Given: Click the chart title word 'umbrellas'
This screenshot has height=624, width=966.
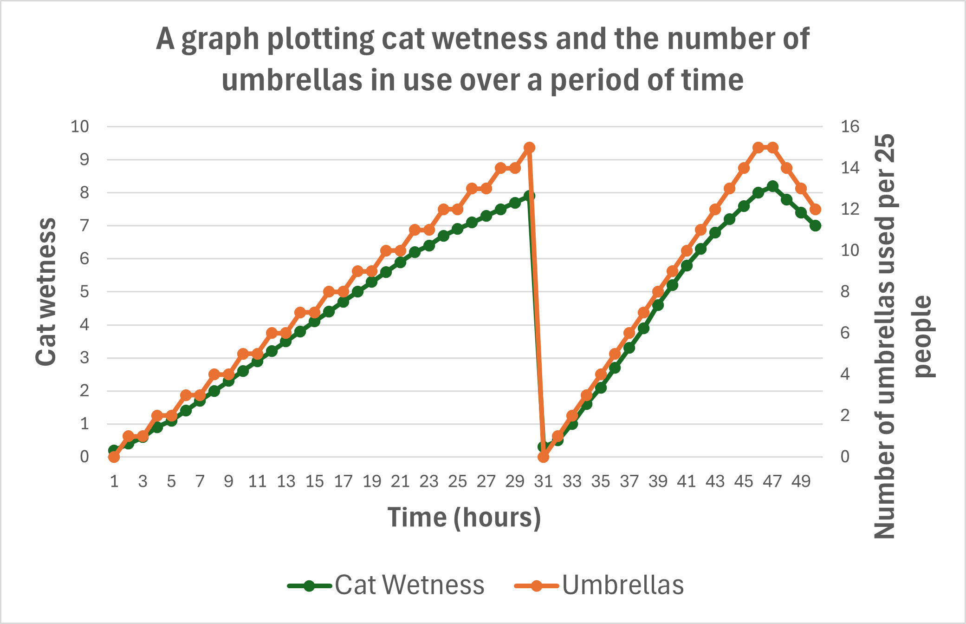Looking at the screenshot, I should click(292, 80).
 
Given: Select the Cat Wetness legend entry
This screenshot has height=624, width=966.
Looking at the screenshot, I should click(386, 585).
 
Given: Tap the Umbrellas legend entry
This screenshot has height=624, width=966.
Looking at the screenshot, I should click(599, 585).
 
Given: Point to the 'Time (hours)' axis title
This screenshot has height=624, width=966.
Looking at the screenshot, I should click(464, 517).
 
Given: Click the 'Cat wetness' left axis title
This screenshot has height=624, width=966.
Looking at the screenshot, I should click(46, 292).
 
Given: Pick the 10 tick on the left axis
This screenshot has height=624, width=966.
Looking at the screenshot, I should click(79, 126).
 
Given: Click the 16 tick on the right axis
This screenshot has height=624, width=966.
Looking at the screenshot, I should click(850, 126).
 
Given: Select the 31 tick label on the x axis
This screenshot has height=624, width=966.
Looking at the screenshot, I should click(544, 481).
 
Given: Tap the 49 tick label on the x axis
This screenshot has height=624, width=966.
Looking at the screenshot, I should click(801, 481).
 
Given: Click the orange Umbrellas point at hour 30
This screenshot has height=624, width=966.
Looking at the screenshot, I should click(529, 148).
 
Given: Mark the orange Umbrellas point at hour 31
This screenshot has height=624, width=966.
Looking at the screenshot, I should click(544, 457).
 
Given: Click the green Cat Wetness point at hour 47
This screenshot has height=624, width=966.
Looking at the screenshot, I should click(772, 186).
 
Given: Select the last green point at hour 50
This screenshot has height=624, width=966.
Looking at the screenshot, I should click(816, 226).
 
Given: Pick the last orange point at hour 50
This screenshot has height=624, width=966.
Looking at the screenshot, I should click(816, 210).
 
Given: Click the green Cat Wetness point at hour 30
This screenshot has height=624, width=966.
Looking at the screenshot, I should click(529, 196).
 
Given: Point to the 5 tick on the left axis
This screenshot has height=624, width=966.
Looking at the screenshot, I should click(84, 292).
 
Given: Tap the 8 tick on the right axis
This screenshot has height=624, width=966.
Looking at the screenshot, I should click(845, 292).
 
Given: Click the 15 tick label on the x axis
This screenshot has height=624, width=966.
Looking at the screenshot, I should click(314, 481).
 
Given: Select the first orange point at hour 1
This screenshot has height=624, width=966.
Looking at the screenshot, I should click(114, 457).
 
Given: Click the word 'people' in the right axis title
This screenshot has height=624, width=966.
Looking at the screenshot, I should click(924, 336).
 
